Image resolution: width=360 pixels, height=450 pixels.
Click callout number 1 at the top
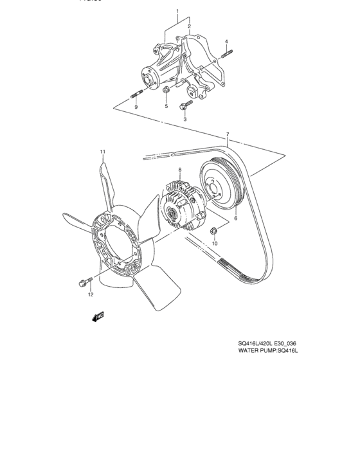pos(177,12)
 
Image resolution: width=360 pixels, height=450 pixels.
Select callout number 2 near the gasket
pos(190,26)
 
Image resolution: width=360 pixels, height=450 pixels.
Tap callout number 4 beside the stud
pos(227,42)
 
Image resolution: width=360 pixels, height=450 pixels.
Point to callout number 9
pos(136,107)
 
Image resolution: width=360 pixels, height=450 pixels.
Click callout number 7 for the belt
pos(227,135)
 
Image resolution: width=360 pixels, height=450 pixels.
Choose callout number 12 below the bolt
pos(91,294)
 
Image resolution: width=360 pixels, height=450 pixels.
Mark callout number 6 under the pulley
pos(235,219)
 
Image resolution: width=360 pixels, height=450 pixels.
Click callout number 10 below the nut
pos(215,244)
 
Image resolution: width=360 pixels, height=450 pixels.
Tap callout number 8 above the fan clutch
pos(180,170)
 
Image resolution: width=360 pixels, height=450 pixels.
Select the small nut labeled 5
pos(166,90)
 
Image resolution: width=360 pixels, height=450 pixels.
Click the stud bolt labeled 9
pos(136,96)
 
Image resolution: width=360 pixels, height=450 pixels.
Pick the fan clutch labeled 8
pos(180,204)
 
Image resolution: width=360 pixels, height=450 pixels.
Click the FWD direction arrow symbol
pos(98,316)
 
